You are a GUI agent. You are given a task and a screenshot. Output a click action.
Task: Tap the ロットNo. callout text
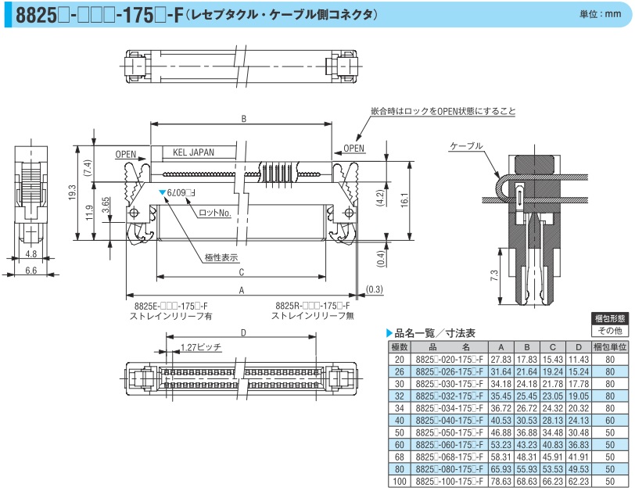coord(216,212)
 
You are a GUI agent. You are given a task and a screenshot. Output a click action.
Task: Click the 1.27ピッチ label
coord(200,346)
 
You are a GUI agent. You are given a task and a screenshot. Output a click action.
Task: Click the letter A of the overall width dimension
coord(243,289)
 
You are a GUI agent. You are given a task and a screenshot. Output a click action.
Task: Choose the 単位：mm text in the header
coord(601,15)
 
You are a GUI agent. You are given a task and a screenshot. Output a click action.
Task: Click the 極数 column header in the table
coord(400,346)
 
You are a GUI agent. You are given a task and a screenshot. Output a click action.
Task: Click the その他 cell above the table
coord(609,332)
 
